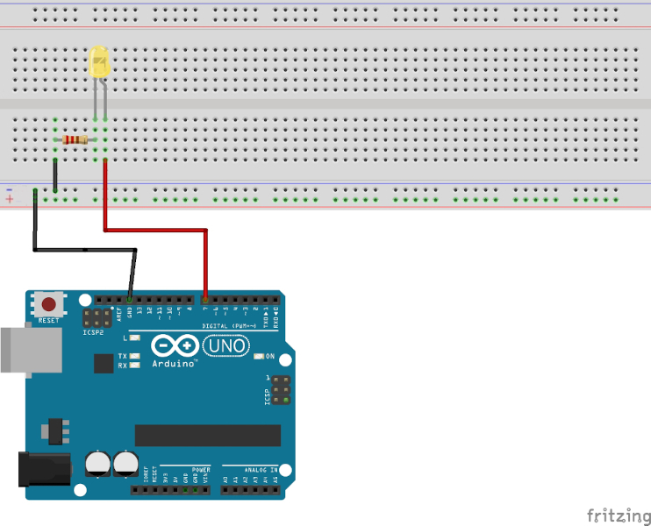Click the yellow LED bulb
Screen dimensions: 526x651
click(100, 63)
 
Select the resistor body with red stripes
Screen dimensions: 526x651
click(75, 139)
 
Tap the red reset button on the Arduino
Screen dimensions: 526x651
click(49, 304)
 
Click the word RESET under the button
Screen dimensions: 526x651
click(49, 321)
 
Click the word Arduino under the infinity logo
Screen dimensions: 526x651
click(173, 363)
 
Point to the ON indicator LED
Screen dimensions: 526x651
click(260, 357)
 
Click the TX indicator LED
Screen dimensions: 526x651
click(134, 356)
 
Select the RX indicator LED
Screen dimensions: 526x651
click(134, 365)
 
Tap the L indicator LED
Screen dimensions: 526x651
click(134, 338)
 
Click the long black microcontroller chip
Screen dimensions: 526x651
click(207, 435)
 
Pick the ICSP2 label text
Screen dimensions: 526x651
click(93, 332)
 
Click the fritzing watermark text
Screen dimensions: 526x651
click(619, 515)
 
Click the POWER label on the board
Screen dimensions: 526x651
click(200, 470)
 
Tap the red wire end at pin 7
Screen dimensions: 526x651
click(206, 298)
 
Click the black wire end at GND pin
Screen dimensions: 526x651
click(130, 298)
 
